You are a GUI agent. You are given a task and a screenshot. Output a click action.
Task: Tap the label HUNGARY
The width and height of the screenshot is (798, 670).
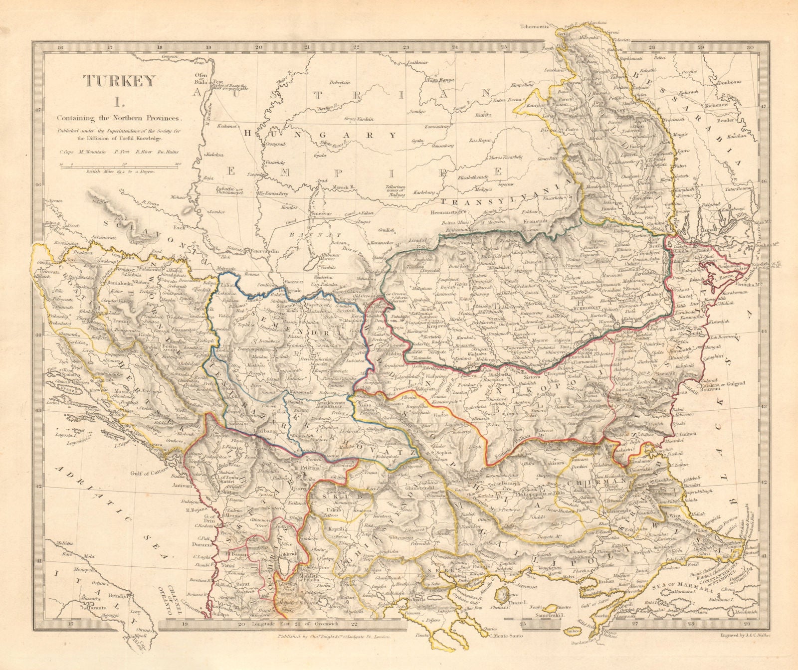pos(319,135)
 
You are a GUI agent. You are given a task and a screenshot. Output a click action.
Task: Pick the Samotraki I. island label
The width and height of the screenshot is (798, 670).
pos(548,616)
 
